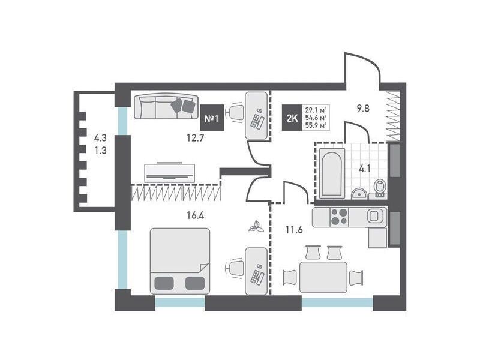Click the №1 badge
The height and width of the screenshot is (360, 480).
[x=211, y=118]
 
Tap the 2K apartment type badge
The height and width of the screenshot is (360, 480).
[x=292, y=118]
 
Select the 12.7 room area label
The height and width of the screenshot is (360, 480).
[x=196, y=139]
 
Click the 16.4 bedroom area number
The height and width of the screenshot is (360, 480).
[x=196, y=216]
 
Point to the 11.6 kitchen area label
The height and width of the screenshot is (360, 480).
[x=294, y=230]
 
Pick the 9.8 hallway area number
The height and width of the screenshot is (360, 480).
[x=364, y=109]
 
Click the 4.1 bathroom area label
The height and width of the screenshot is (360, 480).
[x=365, y=169]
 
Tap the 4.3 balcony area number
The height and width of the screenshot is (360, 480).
[x=100, y=138]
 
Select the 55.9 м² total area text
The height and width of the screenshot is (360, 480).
[x=316, y=125]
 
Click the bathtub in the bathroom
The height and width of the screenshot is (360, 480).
[x=332, y=174]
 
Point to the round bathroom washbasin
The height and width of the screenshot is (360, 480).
[x=359, y=194]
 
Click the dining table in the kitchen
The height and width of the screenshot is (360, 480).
[x=323, y=277]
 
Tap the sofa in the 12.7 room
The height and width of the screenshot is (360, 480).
[x=166, y=107]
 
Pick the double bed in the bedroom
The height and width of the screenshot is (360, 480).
[x=180, y=261]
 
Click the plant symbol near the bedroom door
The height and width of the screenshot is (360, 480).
[x=257, y=227]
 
